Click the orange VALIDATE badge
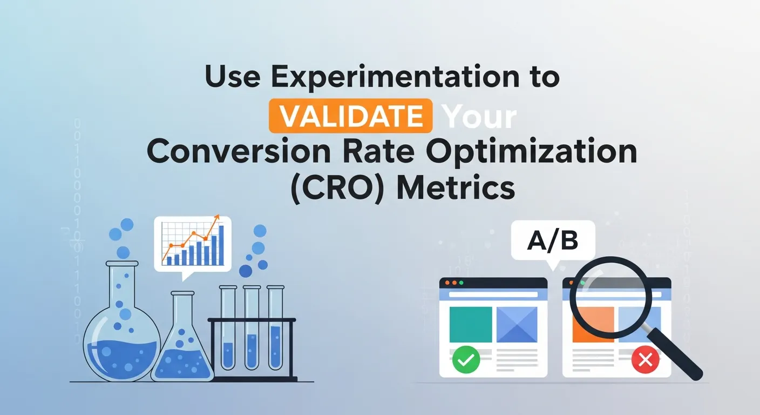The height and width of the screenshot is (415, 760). tap(350, 116)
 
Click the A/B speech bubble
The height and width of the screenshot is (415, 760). tap(553, 242)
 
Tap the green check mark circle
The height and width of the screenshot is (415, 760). tap(464, 359)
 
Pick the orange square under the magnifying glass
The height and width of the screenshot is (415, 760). tap(592, 324)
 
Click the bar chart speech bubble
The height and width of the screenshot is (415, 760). tap(193, 244)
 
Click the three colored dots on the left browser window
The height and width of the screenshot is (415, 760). tap(453, 283)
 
